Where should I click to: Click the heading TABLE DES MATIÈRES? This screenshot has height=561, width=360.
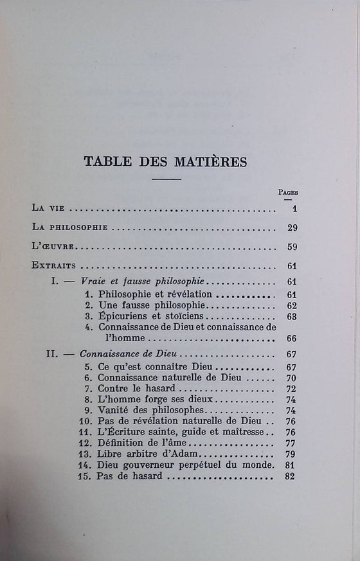pos(165,161)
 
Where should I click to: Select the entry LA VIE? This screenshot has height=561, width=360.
pos(47,208)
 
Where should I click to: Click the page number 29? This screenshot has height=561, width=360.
pos(290,227)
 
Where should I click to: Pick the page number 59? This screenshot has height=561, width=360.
pos(290,247)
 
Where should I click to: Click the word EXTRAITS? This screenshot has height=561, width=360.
pos(54,265)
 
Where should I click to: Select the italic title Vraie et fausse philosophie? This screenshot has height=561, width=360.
pos(143,281)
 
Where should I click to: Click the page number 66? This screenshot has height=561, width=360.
pos(290,338)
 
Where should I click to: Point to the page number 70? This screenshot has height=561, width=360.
pos(290,378)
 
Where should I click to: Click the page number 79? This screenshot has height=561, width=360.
pos(290,454)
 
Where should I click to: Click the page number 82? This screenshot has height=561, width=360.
pos(290,476)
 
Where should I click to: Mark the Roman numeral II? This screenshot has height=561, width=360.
pos(53,354)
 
